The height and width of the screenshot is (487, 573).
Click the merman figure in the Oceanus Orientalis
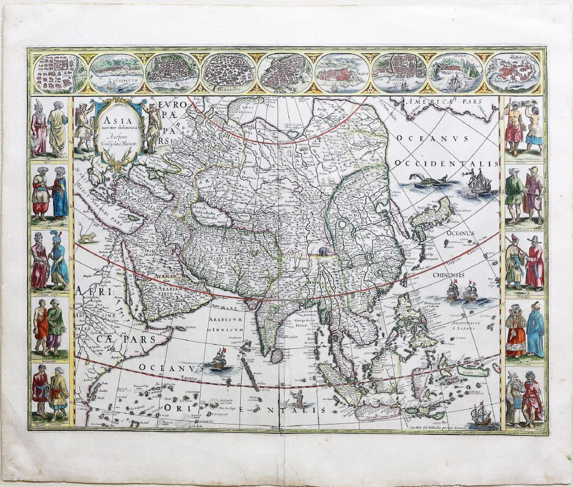[300, 398]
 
